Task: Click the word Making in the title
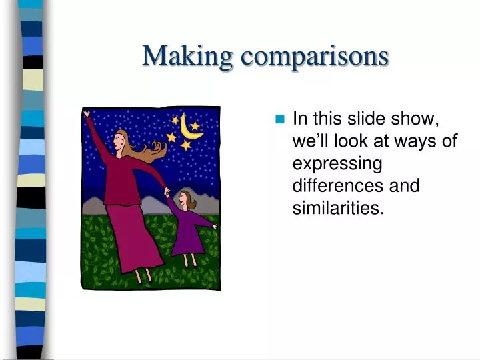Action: [188, 55]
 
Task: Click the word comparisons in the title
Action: [315, 55]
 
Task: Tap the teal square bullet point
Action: [279, 120]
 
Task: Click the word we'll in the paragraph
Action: [315, 141]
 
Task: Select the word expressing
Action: [337, 163]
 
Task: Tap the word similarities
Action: [338, 207]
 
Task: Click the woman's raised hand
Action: [87, 114]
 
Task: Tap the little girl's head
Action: [185, 199]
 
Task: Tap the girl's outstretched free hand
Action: [215, 227]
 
